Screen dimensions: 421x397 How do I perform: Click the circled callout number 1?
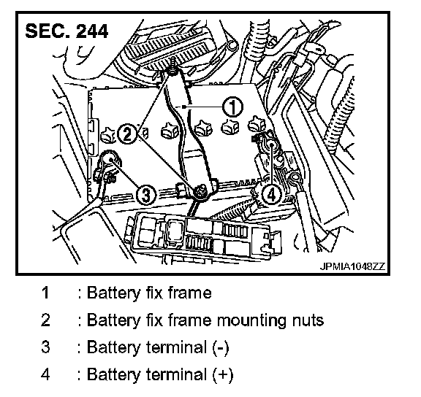[232, 107]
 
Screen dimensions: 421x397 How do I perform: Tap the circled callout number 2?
[128, 134]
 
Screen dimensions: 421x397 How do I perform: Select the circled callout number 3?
[145, 194]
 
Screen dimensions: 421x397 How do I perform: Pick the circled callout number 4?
[271, 194]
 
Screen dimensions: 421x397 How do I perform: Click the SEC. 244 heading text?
[67, 31]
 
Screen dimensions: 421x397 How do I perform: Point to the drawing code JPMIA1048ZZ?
[352, 266]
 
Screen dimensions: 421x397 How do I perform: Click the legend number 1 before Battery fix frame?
[45, 293]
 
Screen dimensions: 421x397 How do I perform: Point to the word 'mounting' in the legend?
[252, 321]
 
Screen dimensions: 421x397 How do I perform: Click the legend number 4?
[45, 374]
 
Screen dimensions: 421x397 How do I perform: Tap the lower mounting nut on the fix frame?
[200, 191]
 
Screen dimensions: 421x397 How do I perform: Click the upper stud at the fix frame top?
[172, 67]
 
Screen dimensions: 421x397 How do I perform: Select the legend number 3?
[45, 347]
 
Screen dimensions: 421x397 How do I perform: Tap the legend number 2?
[45, 320]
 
